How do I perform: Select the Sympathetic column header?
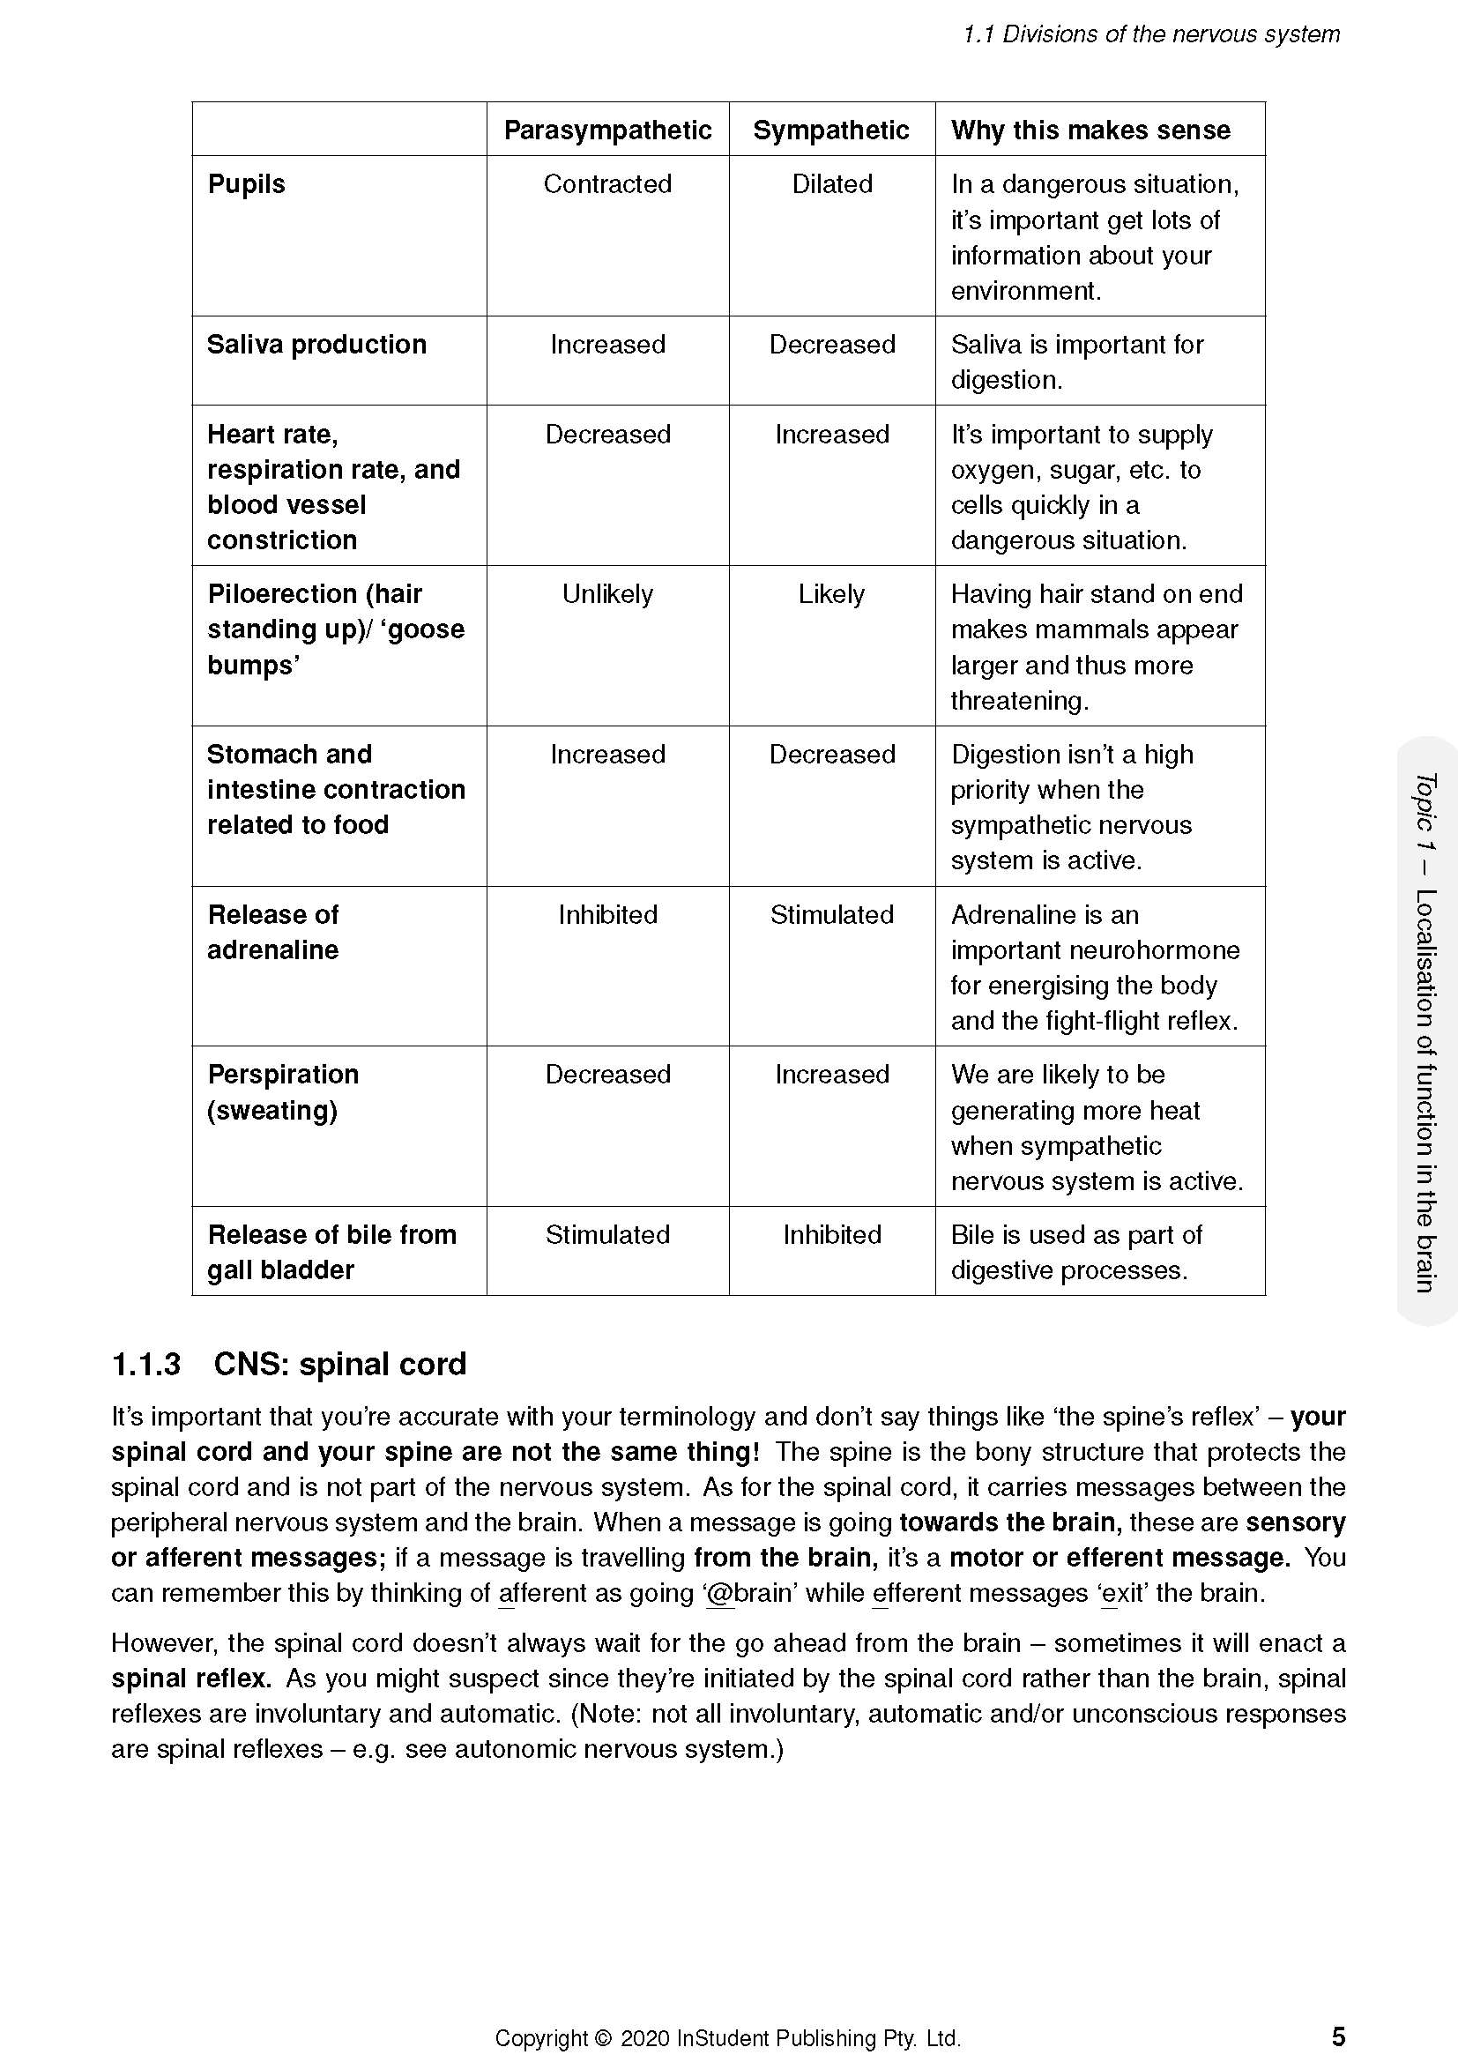point(830,130)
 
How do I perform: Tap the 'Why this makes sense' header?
point(1090,130)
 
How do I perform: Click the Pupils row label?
point(246,184)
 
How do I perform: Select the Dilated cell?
point(831,184)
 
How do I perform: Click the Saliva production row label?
point(316,345)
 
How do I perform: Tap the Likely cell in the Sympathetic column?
point(831,594)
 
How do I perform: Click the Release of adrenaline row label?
point(273,932)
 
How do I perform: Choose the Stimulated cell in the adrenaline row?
point(831,915)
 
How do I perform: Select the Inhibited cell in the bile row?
point(831,1235)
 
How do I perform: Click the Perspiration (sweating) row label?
point(282,1092)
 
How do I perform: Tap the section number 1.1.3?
point(145,1364)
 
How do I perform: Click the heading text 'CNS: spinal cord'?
point(339,1364)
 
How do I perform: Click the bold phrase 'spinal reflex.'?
point(190,1679)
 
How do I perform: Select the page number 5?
point(1338,2036)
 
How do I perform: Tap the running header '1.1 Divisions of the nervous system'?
point(1151,34)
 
